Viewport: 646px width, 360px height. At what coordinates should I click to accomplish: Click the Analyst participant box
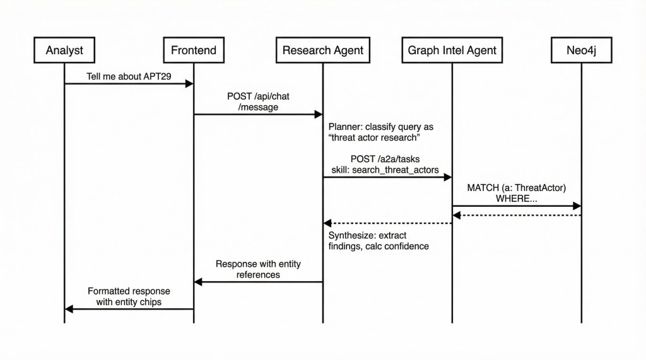click(64, 50)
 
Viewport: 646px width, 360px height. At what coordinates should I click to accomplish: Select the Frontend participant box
click(194, 50)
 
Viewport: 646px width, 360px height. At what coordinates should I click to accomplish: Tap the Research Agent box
click(322, 50)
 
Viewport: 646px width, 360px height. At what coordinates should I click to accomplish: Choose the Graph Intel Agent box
click(452, 50)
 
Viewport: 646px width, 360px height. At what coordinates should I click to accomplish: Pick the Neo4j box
click(581, 50)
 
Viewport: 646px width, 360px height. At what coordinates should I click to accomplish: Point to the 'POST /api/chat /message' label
click(259, 102)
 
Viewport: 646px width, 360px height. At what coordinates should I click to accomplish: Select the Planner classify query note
click(380, 132)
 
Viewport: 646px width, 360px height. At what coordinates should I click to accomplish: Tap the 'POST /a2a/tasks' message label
click(385, 159)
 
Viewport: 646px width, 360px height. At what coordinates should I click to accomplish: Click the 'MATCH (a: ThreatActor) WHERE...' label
click(516, 194)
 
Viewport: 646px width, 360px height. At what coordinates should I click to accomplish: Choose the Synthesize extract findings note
click(378, 240)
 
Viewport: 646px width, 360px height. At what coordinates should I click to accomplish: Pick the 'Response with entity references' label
click(257, 269)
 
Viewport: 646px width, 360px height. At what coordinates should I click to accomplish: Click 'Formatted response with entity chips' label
click(129, 296)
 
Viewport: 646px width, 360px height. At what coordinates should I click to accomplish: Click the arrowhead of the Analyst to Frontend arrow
click(189, 84)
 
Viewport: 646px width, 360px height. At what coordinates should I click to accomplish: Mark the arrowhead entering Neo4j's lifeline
click(577, 206)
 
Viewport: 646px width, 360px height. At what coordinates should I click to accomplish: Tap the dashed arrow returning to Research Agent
click(387, 223)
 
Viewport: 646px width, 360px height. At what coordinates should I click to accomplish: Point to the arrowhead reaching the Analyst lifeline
click(69, 309)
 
